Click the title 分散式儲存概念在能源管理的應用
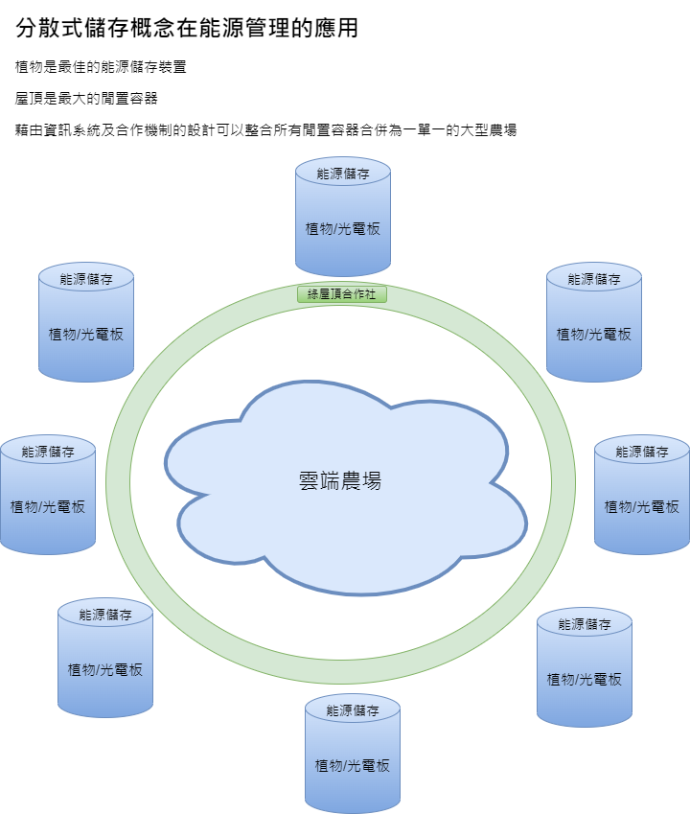187,28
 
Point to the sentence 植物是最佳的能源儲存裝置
101,67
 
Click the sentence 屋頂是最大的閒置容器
86,98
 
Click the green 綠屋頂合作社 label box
342,294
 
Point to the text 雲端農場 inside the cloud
340,480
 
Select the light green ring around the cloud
119,479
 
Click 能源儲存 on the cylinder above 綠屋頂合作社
343,174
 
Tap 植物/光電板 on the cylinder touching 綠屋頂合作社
343,229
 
